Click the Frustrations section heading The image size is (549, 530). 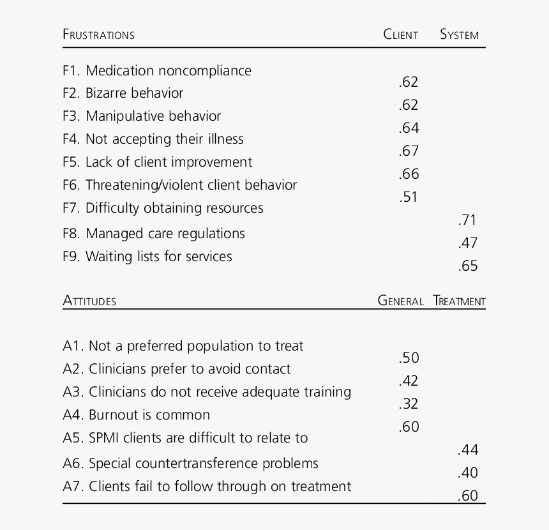pyautogui.click(x=98, y=34)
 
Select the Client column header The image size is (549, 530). pyautogui.click(x=400, y=34)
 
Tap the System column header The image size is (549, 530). pyautogui.click(x=459, y=34)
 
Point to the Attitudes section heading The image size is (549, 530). pyautogui.click(x=89, y=301)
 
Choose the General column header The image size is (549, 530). pyautogui.click(x=400, y=301)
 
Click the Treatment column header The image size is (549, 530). pyautogui.click(x=459, y=301)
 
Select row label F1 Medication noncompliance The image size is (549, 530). pyautogui.click(x=157, y=71)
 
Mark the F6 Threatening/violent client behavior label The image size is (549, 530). pyautogui.click(x=179, y=185)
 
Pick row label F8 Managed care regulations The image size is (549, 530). pyautogui.click(x=153, y=234)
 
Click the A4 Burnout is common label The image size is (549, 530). pyautogui.click(x=136, y=415)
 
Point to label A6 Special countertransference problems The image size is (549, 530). pyautogui.click(x=190, y=464)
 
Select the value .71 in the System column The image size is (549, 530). pyautogui.click(x=467, y=220)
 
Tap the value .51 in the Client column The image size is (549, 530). pyautogui.click(x=409, y=197)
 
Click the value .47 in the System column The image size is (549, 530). pyautogui.click(x=467, y=243)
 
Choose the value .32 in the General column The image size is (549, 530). pyautogui.click(x=409, y=404)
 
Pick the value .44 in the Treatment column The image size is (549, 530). pyautogui.click(x=467, y=450)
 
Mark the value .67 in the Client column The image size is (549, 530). pyautogui.click(x=409, y=151)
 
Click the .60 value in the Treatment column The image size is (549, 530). pyautogui.click(x=467, y=496)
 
